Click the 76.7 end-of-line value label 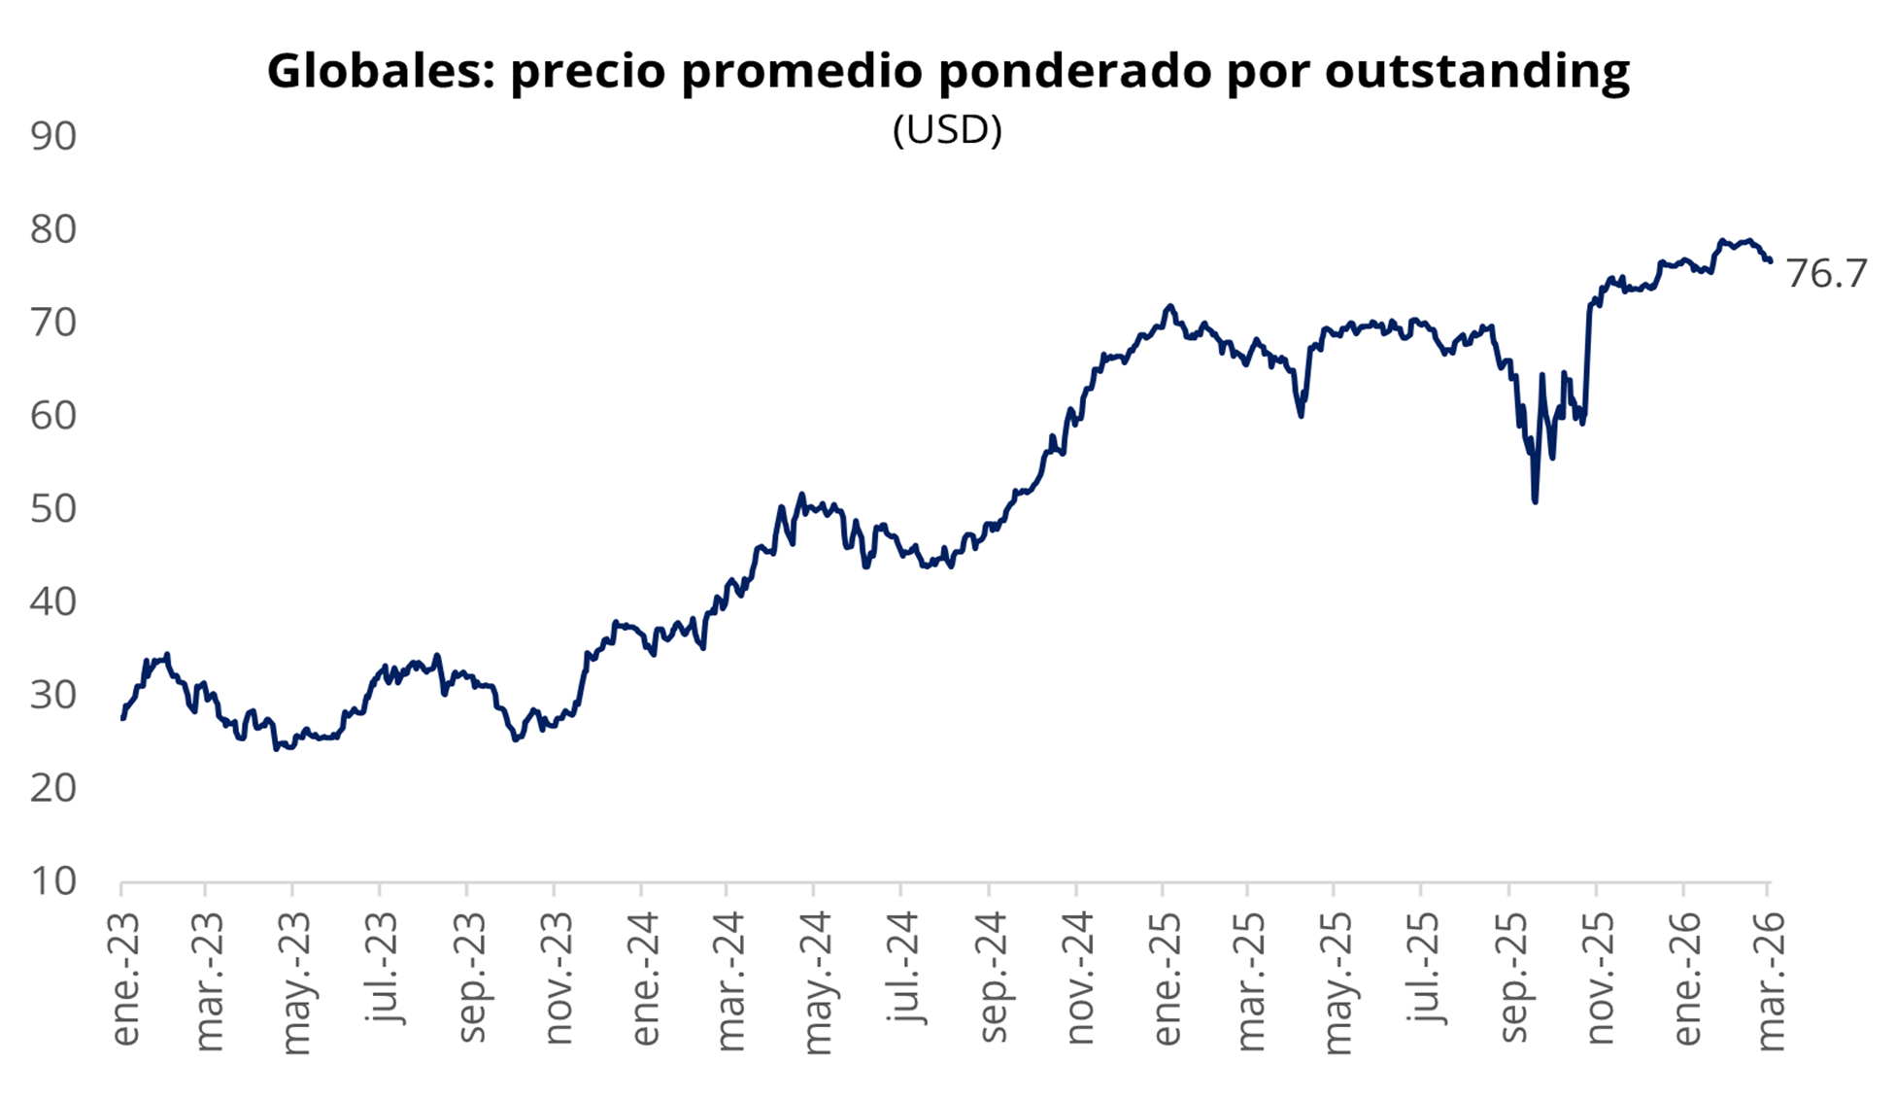(x=1826, y=274)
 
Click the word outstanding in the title (x=1476, y=71)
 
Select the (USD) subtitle (x=947, y=129)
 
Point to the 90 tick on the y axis (x=53, y=136)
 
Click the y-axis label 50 (x=53, y=508)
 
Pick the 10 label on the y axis (x=53, y=880)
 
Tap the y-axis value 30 (x=53, y=695)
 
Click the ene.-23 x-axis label (x=125, y=979)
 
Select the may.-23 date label (x=295, y=982)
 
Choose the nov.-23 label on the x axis (x=558, y=979)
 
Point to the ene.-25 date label (x=1167, y=979)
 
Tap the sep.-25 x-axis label (x=1513, y=979)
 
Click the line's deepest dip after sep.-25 (x=1536, y=501)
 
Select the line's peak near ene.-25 (x=1170, y=306)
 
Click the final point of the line (x=1770, y=260)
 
